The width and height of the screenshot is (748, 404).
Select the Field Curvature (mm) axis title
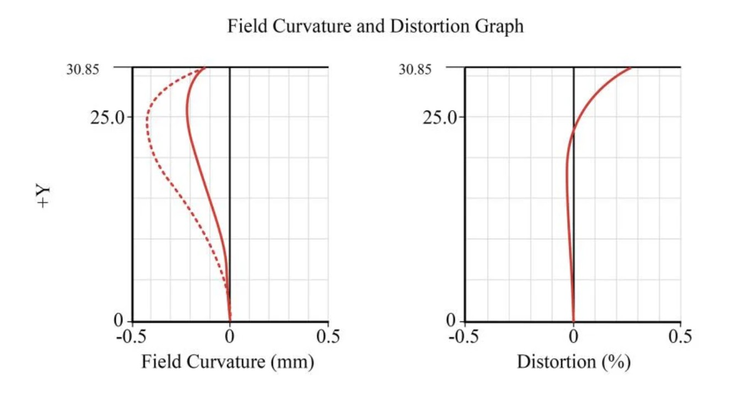click(x=228, y=362)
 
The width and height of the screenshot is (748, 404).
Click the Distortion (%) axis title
click(x=573, y=362)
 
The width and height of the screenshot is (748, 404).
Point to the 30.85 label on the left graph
click(x=83, y=69)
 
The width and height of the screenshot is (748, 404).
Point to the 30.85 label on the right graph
click(x=415, y=69)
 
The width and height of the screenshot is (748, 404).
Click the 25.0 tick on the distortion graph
click(x=440, y=117)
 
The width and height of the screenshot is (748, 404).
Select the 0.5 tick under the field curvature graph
click(x=328, y=336)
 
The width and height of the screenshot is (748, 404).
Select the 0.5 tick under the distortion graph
click(x=680, y=336)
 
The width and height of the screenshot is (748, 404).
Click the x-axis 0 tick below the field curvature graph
click(x=230, y=336)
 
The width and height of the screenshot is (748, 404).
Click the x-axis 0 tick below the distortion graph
click(x=573, y=336)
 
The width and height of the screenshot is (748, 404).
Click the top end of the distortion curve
click(x=631, y=68)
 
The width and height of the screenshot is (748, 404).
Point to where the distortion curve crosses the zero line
click(x=574, y=131)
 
